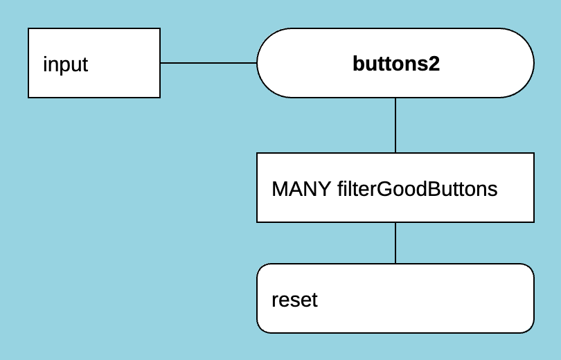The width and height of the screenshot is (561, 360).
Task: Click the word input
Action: coord(65,64)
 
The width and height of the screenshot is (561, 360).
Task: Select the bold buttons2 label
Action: coord(396,64)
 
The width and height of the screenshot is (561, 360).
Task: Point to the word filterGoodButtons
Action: coord(417,189)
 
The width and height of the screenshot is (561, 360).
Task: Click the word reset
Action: coord(294,300)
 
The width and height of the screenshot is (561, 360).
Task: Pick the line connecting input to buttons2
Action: coord(208,63)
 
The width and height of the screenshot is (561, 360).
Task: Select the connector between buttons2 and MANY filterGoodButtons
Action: coord(395,125)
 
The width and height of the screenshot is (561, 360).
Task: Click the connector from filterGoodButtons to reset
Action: coord(395,243)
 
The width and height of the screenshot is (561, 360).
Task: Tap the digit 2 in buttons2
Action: coord(434,64)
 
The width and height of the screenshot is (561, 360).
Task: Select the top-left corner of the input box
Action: coord(29,29)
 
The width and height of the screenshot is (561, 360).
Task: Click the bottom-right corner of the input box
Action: coord(159,97)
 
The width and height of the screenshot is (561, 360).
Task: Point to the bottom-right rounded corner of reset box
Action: coord(530,329)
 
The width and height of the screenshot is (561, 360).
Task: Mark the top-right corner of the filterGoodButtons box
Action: coord(533,154)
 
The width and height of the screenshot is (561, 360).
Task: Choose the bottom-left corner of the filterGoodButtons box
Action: coord(258,222)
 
